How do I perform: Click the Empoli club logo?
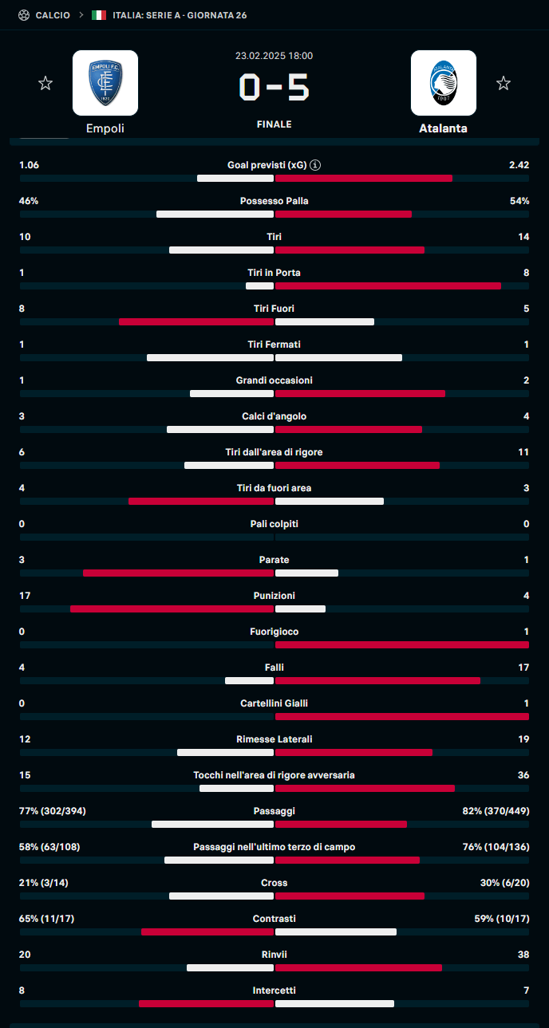[x=105, y=83]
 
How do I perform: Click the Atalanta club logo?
[x=444, y=83]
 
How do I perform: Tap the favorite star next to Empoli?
[x=45, y=83]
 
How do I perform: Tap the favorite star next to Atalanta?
[x=504, y=83]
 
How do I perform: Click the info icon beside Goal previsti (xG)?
[x=316, y=165]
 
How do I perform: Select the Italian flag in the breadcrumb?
[x=99, y=15]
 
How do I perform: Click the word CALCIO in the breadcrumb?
[x=53, y=15]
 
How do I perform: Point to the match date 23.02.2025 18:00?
[x=274, y=56]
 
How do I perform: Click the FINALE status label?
[x=274, y=124]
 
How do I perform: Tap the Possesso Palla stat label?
[x=274, y=201]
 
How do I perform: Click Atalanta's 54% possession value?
[x=519, y=201]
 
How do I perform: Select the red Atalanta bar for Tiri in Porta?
[x=388, y=286]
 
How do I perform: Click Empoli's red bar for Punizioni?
[x=172, y=609]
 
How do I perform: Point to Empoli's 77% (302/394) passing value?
[x=53, y=811]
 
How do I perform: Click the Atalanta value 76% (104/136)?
[x=496, y=847]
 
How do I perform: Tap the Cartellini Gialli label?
[x=274, y=703]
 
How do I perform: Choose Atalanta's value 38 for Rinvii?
[x=523, y=955]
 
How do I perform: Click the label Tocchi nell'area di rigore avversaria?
[x=274, y=775]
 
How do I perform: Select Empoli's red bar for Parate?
[x=178, y=573]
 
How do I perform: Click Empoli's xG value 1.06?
[x=30, y=165]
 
